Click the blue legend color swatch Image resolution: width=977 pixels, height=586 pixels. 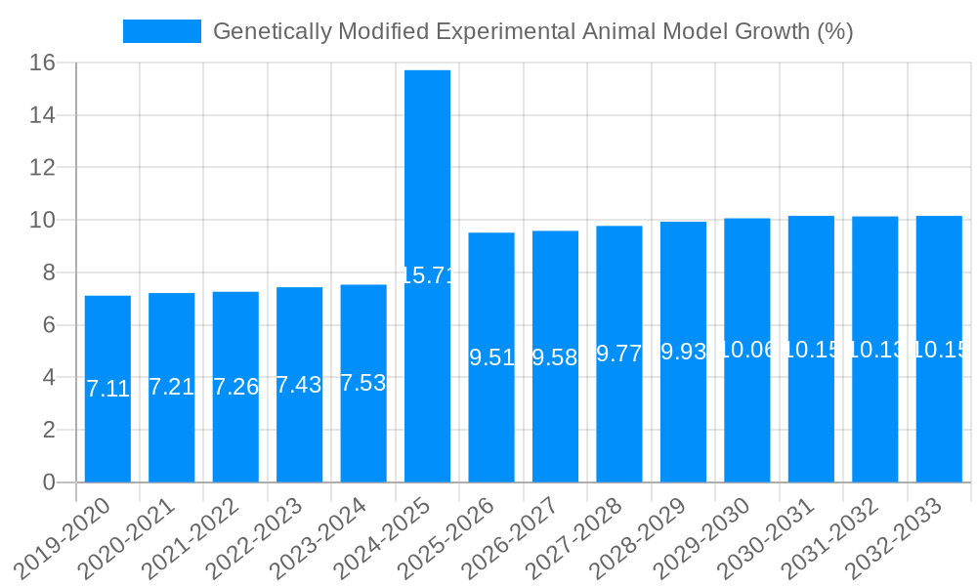pos(161,31)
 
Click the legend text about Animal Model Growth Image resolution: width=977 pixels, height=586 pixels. pos(532,31)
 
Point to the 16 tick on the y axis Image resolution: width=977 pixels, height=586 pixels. pos(42,63)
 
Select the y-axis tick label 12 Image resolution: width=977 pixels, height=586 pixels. pos(42,168)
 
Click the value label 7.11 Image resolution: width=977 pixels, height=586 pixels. pos(107,389)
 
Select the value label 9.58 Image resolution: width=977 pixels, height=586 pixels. pos(555,357)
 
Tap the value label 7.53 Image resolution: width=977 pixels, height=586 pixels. pos(363,383)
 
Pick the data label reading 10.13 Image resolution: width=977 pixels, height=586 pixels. pos(875,350)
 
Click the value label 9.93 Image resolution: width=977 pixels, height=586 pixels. pos(683,352)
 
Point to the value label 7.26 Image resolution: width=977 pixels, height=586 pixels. pos(235,386)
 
